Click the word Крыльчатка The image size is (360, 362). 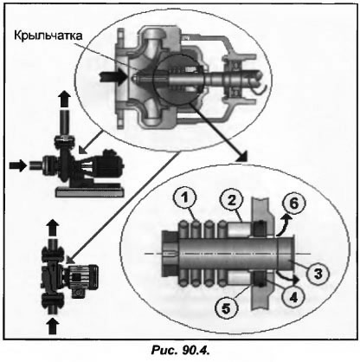[x=48, y=36]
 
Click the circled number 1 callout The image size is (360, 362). [x=185, y=198]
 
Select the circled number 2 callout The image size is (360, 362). [x=232, y=200]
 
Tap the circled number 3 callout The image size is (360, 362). [x=318, y=274]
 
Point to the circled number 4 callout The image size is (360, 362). [x=293, y=297]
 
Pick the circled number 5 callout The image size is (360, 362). [x=226, y=308]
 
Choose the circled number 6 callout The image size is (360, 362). [x=293, y=204]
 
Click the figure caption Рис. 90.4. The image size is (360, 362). [x=180, y=351]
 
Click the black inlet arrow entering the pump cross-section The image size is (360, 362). [x=113, y=77]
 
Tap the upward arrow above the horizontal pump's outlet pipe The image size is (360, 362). [x=64, y=100]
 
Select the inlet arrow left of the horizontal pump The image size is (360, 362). [x=17, y=165]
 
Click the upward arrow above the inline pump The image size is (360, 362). [x=52, y=227]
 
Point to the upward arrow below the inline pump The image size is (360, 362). [x=52, y=326]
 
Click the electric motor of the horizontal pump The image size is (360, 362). [x=109, y=164]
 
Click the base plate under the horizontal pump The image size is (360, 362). [x=90, y=191]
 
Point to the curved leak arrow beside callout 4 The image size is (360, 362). [x=286, y=276]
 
